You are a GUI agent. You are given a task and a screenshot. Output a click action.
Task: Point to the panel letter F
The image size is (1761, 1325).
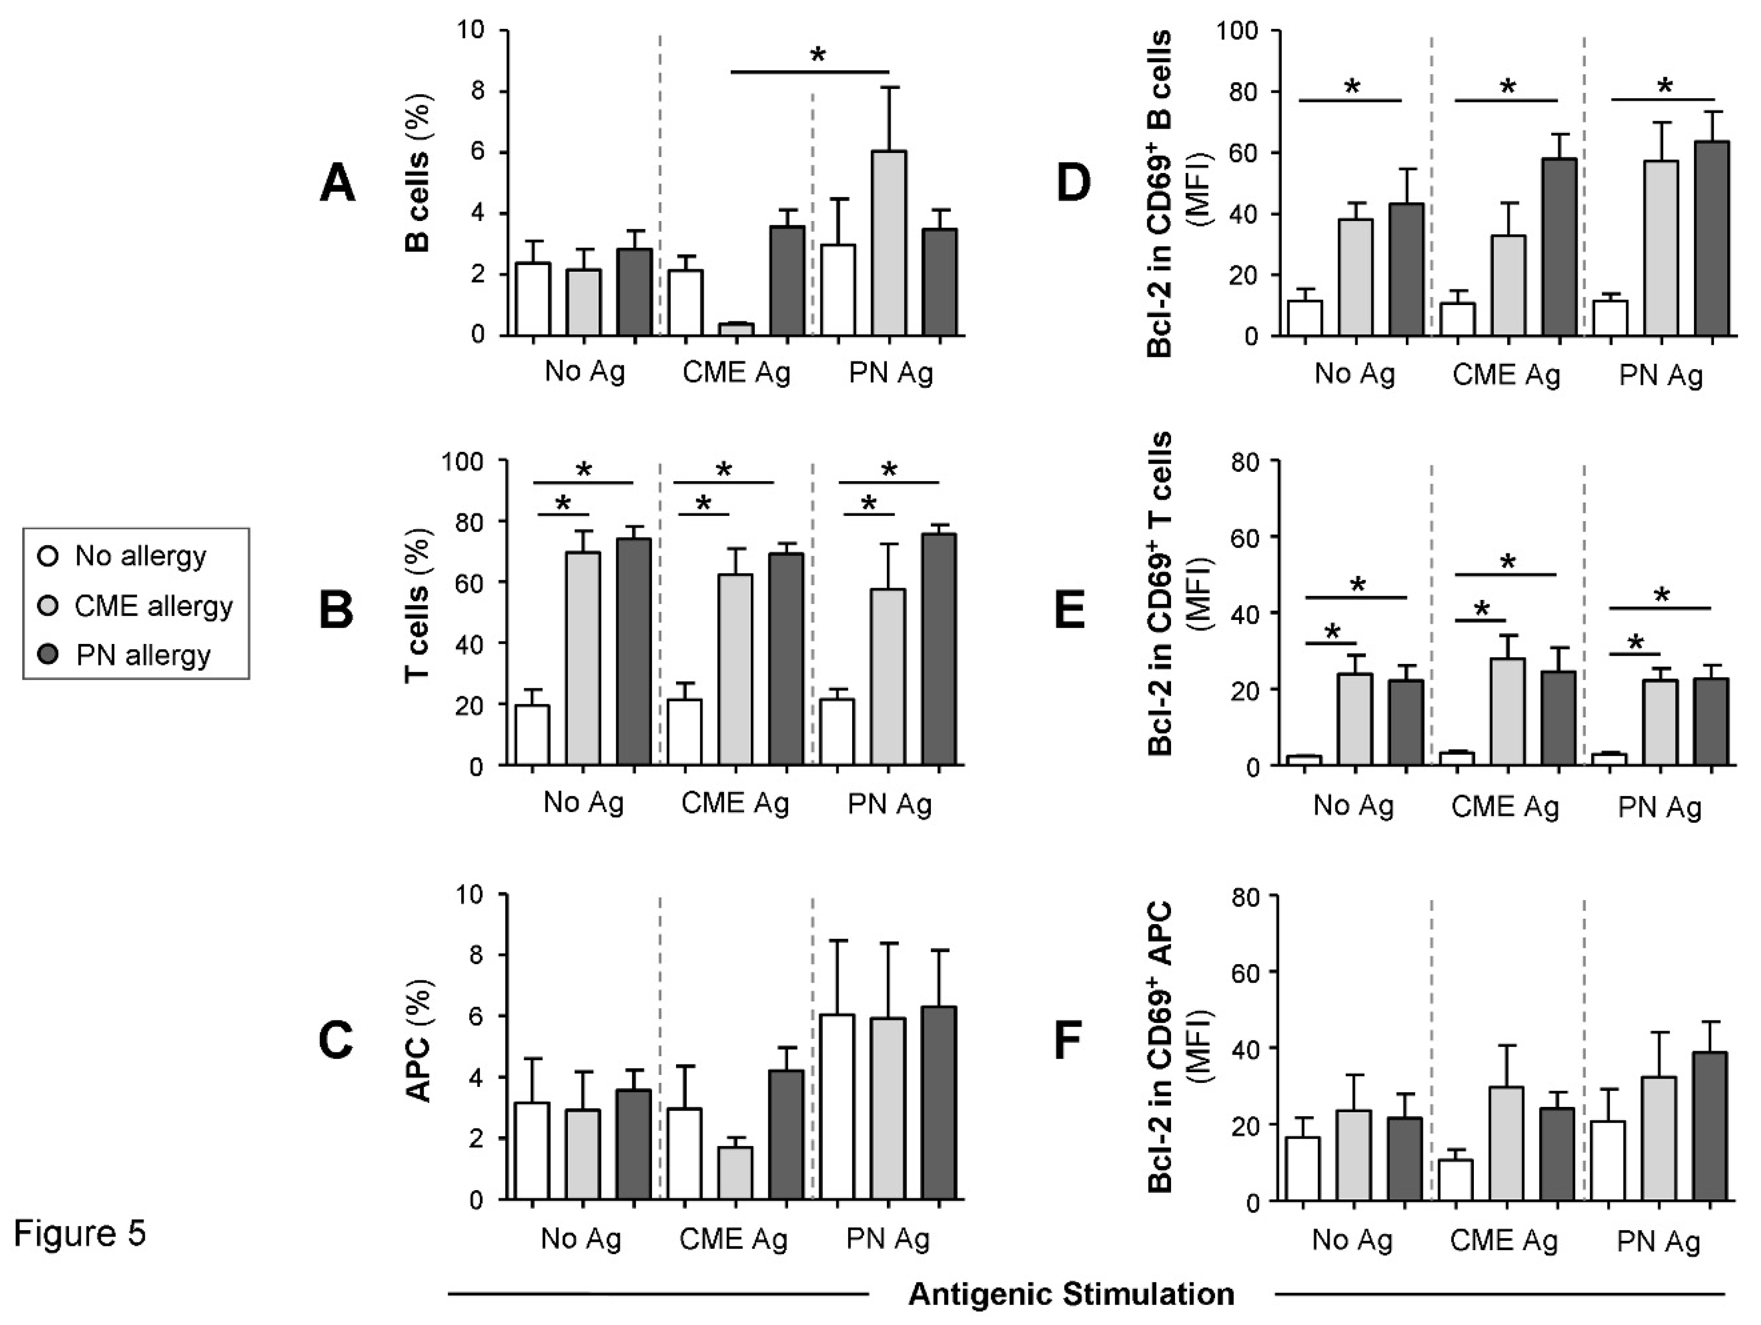point(1070,1041)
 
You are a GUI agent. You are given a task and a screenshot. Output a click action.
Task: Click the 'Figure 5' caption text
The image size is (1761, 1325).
point(80,1234)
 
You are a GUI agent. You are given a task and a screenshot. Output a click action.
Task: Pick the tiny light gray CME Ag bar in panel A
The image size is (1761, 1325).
point(736,329)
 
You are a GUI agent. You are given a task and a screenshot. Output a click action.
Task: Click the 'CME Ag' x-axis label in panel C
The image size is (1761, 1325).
point(733,1239)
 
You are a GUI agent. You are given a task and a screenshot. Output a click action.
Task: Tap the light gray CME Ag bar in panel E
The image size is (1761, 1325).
point(1507,711)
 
